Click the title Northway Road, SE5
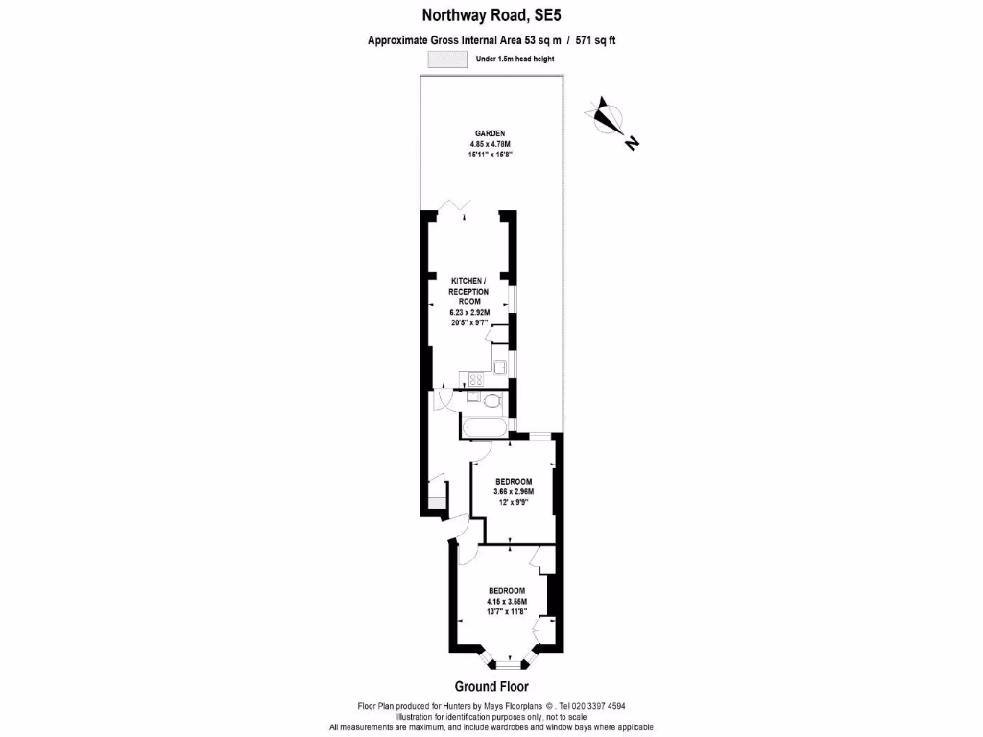tap(491, 14)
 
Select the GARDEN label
tap(490, 133)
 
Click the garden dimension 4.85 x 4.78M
tap(490, 144)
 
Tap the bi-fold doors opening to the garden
tap(454, 206)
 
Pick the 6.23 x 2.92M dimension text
tap(469, 313)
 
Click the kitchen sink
tap(500, 365)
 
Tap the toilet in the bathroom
tap(490, 400)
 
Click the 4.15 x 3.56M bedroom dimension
tap(506, 602)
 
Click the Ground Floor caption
tap(491, 686)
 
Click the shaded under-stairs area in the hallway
tap(436, 501)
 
